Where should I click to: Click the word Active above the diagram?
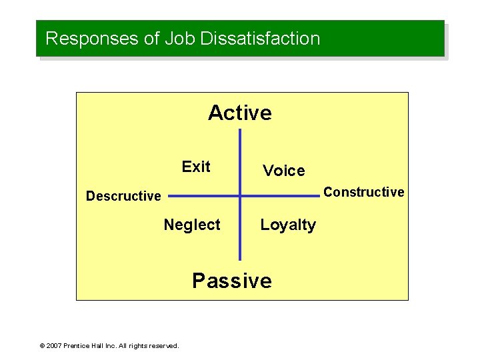[x=240, y=113]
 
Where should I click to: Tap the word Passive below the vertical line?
[x=232, y=281]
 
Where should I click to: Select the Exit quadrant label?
[x=196, y=167]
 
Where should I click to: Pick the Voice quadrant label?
[x=283, y=171]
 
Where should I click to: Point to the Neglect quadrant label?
[x=192, y=225]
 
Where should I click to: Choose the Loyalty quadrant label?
[x=288, y=225]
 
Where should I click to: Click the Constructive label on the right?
[x=363, y=192]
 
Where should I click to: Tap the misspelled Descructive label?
[x=123, y=196]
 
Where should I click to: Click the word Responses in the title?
[x=92, y=39]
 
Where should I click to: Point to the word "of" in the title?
[x=152, y=39]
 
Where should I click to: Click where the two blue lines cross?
[x=240, y=196]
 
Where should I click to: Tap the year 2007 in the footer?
[x=54, y=346]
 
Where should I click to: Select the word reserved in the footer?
[x=164, y=346]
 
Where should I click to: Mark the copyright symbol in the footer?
[x=42, y=346]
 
